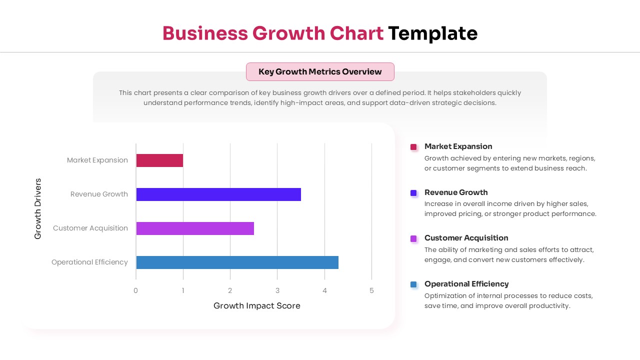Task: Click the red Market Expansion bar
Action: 159,160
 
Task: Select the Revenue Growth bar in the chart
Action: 218,194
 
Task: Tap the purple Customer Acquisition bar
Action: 195,228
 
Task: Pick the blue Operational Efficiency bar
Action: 237,262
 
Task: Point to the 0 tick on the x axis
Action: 135,290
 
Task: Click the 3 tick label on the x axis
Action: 277,290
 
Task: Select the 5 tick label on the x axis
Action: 371,290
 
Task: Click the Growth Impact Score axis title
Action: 257,305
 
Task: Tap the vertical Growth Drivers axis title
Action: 38,208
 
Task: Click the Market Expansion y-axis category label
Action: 97,160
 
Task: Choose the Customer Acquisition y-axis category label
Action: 90,228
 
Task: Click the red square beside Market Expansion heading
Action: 413,147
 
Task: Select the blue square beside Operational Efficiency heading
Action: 413,284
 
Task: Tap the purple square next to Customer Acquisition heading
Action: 413,238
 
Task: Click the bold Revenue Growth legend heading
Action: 456,192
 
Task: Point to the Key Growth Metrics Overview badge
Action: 320,71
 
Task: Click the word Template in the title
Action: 433,33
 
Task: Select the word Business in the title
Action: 205,33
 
